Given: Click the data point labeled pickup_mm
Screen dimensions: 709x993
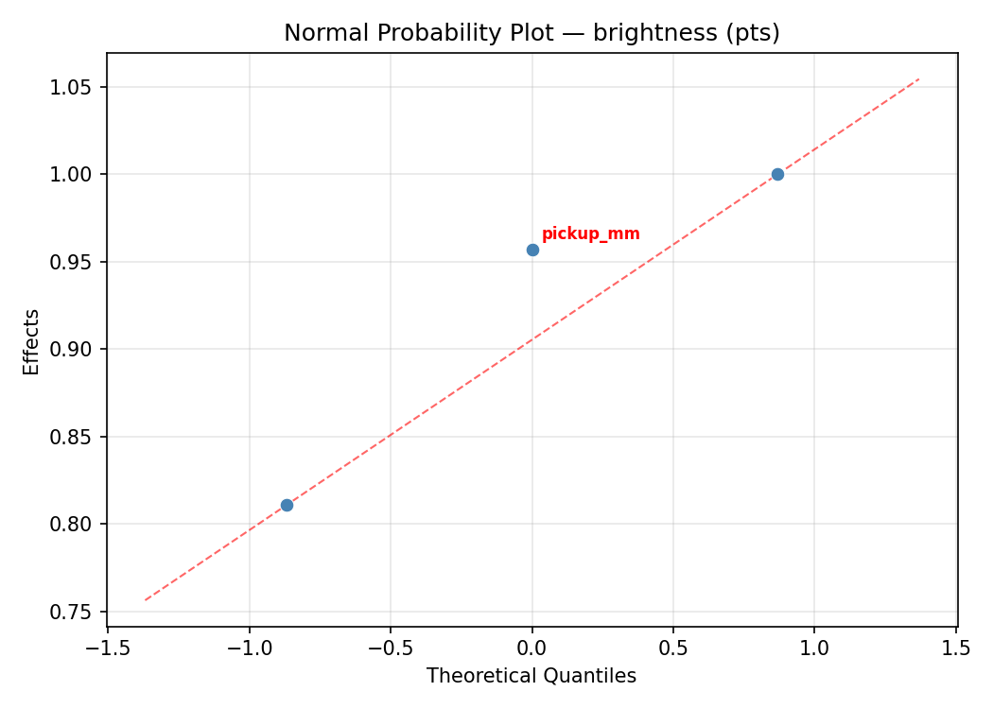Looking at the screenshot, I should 532,250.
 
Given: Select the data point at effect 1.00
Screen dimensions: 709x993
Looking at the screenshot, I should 777,174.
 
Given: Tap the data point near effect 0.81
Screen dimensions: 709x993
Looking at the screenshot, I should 287,505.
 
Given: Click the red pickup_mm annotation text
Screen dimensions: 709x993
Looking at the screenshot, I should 590,234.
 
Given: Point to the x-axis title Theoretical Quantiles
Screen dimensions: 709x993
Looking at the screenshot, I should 531,676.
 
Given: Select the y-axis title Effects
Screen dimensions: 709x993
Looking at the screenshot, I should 32,341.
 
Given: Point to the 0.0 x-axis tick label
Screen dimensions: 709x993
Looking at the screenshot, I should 532,648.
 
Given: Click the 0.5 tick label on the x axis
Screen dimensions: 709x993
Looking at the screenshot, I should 673,648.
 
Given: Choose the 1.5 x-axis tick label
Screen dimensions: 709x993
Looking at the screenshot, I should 956,648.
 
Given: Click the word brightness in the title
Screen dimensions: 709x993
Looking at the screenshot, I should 651,33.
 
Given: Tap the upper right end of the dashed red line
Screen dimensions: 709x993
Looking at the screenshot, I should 918,78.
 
